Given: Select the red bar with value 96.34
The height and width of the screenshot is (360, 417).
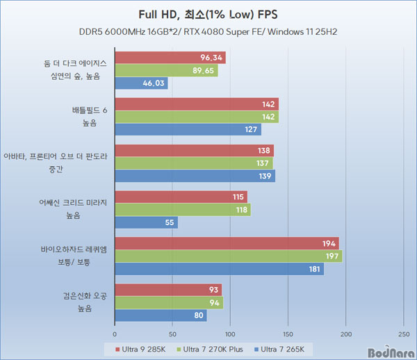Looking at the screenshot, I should pos(170,58).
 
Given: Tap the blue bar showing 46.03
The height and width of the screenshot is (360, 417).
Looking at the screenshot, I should pos(141,83).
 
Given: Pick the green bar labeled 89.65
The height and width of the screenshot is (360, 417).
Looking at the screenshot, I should pos(166,70).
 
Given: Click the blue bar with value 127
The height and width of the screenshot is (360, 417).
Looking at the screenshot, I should pos(188,130).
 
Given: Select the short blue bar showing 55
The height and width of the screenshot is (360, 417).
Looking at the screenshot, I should pos(146,222).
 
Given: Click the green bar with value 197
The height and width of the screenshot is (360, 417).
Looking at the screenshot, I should pos(228,256).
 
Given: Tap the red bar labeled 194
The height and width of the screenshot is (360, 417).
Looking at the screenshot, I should pos(227,243).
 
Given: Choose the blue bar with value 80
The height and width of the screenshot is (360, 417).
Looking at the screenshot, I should pos(161,316).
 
